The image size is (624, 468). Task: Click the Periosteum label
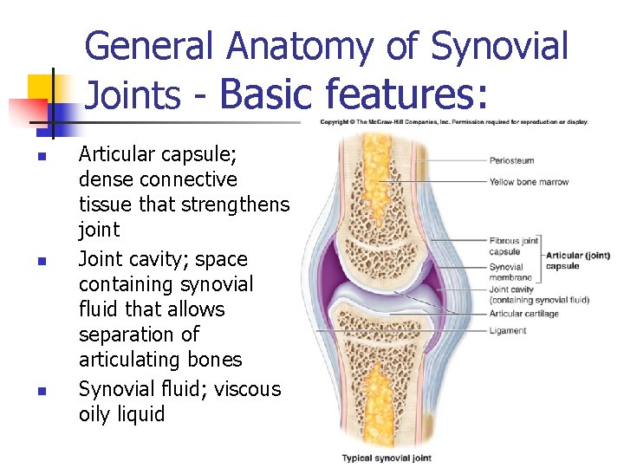pos(511,160)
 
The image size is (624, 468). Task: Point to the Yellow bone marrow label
pos(528,182)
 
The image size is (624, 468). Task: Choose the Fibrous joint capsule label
pos(514,246)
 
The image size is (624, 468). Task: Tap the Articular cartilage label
pos(524,314)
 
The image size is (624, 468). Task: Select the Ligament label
pos(507,331)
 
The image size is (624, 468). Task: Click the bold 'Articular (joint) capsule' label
pos(578,260)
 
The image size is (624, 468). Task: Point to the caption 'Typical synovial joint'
pos(387,458)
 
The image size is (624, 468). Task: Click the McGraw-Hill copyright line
pos(453,122)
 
